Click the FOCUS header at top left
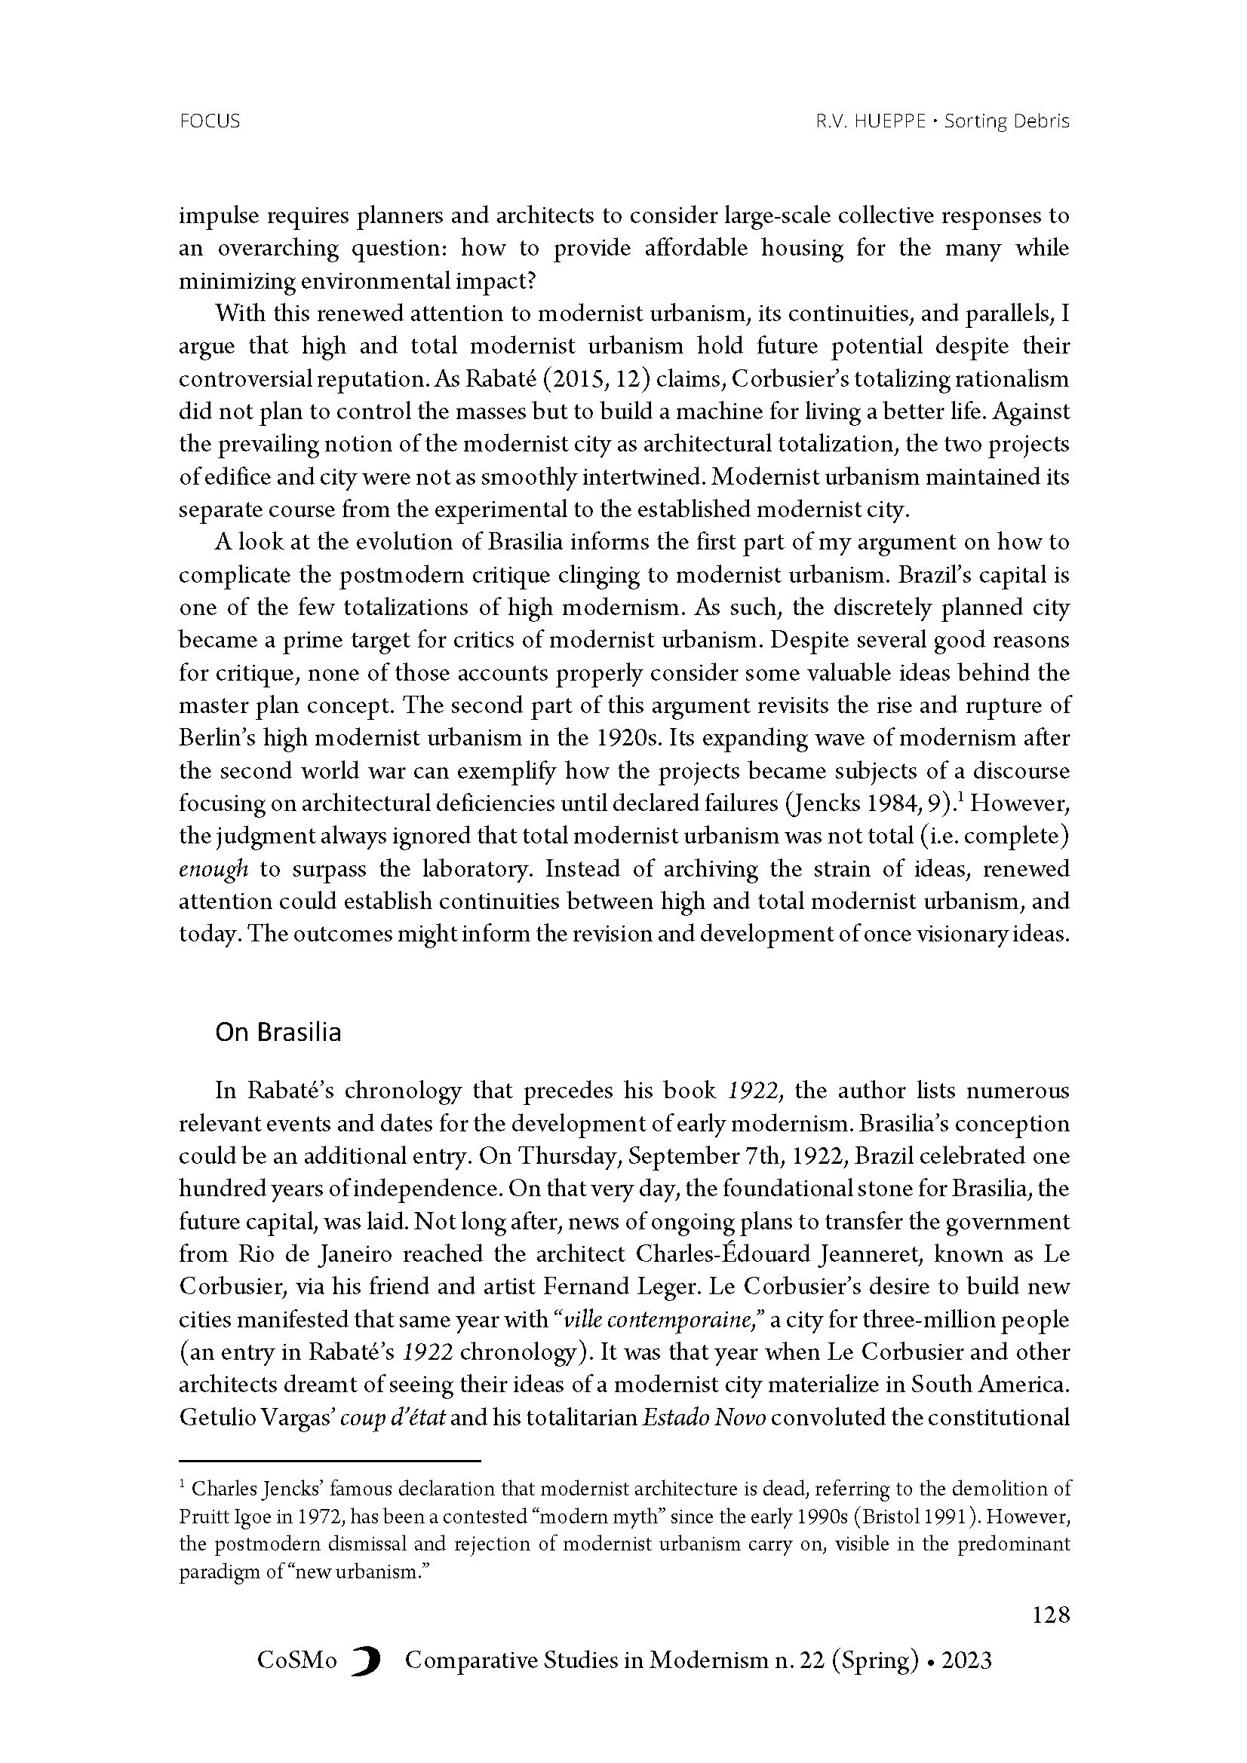[209, 121]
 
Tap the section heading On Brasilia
[278, 1032]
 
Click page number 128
[1050, 1615]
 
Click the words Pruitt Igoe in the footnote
[223, 1519]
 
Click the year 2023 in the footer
[966, 1661]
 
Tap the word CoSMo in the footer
[296, 1661]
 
